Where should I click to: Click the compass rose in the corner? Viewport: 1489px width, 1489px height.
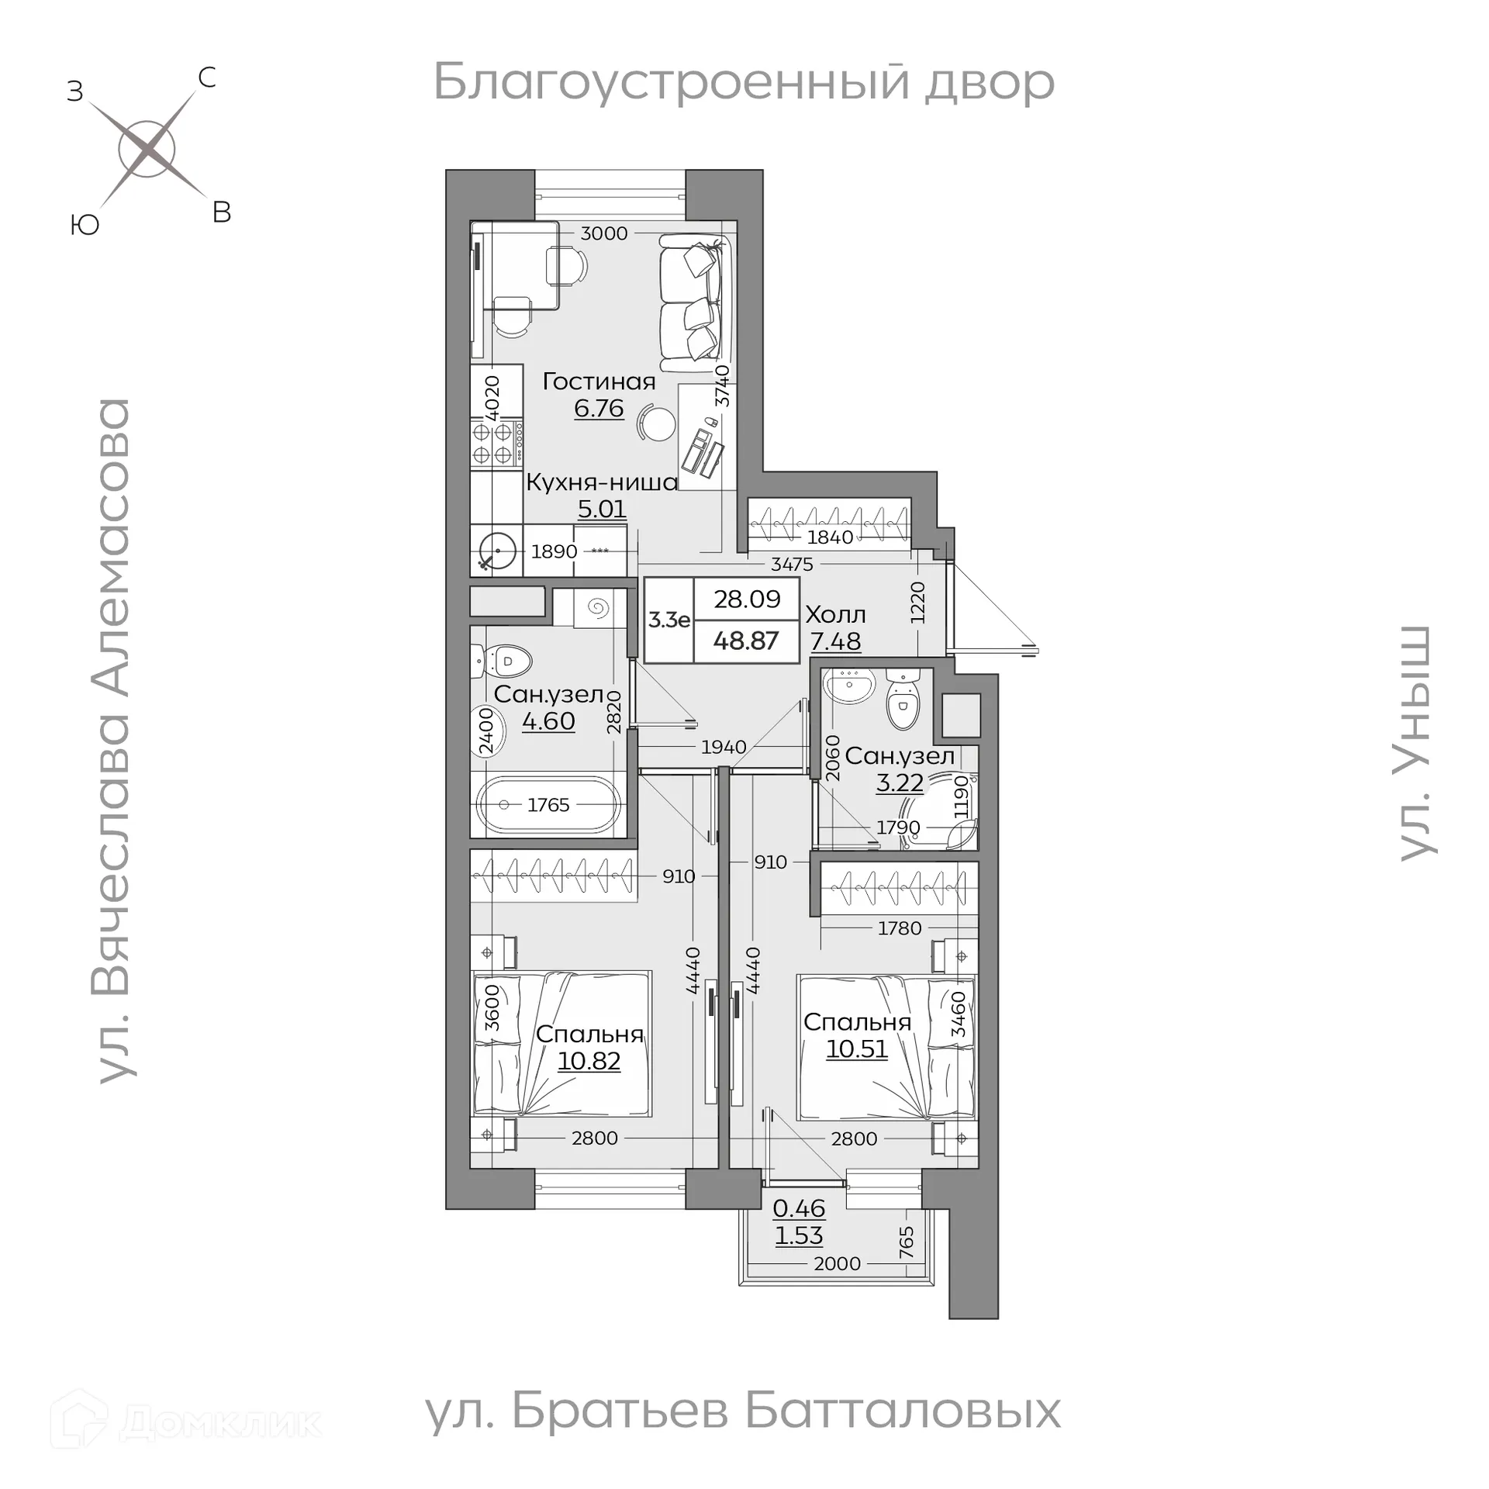click(147, 149)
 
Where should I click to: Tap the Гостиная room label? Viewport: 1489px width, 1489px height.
click(599, 382)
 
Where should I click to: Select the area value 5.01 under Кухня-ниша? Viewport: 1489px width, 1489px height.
click(602, 510)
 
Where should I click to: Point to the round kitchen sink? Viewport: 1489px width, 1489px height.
click(495, 552)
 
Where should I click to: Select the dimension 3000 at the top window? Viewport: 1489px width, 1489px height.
click(603, 233)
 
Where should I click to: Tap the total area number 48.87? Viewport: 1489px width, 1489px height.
click(745, 641)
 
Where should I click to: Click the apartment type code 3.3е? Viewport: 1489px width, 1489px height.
click(669, 620)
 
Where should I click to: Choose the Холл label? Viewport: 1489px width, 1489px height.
click(835, 615)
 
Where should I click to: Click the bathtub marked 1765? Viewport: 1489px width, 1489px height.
click(549, 805)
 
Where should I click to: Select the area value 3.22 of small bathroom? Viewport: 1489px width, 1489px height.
click(900, 783)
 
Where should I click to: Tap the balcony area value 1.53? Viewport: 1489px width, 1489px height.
click(799, 1235)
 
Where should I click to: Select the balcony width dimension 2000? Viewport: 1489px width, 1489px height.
click(837, 1263)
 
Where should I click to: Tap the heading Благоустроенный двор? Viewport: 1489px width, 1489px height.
click(743, 82)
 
